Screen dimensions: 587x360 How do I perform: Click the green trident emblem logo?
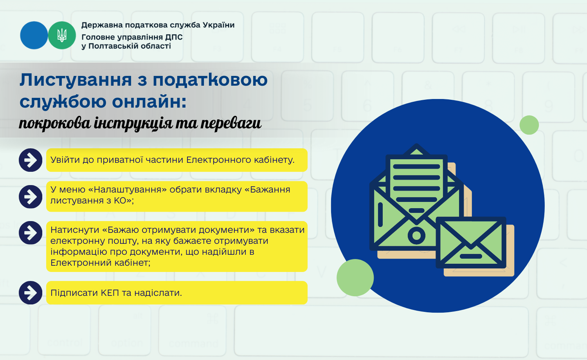(x=62, y=35)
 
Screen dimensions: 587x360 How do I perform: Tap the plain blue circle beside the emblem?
(x=34, y=35)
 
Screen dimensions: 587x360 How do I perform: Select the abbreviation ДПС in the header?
(x=174, y=37)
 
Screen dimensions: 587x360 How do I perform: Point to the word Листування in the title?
(x=76, y=80)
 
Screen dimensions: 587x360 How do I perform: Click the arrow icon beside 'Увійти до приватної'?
(x=31, y=160)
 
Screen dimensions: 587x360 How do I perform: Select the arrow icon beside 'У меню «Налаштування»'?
(x=31, y=197)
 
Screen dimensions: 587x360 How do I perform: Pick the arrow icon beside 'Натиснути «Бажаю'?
(x=31, y=233)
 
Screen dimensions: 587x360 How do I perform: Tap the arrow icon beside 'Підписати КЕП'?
(x=31, y=293)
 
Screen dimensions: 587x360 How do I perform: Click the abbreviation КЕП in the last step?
(x=110, y=293)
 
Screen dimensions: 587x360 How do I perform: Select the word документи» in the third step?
(x=227, y=230)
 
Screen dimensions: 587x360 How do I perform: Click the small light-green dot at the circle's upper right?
(x=529, y=125)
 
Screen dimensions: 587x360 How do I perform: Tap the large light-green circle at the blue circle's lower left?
(x=355, y=277)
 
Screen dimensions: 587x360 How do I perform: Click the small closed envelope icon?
(x=471, y=243)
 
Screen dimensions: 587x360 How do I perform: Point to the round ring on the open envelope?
(x=416, y=235)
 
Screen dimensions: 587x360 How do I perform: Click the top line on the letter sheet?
(x=416, y=166)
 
